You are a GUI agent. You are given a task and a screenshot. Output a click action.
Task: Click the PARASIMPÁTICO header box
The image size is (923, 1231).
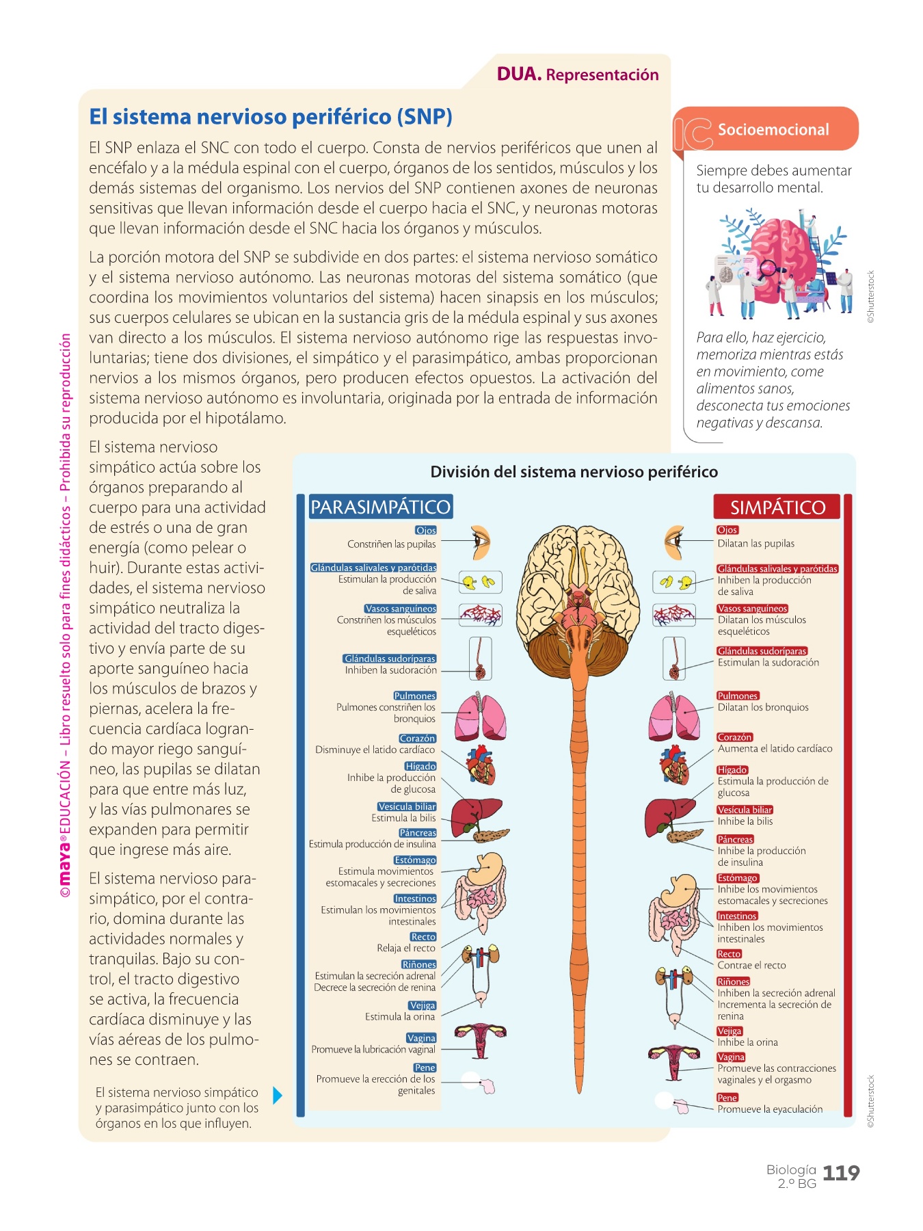coord(381,507)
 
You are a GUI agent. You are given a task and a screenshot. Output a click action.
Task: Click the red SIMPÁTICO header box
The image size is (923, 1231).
coord(777,507)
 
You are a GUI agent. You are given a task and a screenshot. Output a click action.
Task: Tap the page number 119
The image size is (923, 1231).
coord(840,1174)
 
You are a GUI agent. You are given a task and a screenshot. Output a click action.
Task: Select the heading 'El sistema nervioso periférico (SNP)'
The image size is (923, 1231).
coord(271,117)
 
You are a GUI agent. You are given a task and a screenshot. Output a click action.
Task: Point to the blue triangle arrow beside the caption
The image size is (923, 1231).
coord(277,1096)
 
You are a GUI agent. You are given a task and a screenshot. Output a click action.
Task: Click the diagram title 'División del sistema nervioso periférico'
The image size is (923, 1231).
coord(574,472)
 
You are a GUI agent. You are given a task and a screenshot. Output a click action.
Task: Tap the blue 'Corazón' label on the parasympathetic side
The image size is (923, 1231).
coord(417,739)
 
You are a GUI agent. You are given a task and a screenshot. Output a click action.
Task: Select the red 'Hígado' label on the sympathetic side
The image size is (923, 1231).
coord(732,770)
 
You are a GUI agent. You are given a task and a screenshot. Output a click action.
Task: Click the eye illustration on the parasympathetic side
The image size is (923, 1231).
coord(481,543)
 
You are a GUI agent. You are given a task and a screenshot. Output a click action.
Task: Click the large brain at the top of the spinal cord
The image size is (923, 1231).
coord(578,588)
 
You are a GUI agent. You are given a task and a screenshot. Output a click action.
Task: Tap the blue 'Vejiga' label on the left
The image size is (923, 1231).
coord(422,1005)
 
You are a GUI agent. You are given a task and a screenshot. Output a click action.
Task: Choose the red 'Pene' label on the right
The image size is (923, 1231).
coord(727,1098)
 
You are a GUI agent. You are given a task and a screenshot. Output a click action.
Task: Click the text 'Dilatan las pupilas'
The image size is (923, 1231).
coord(755,544)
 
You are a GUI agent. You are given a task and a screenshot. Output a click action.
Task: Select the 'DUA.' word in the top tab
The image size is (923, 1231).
coord(519,74)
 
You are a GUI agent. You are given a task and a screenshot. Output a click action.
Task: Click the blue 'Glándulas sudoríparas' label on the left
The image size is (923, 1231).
coord(390,659)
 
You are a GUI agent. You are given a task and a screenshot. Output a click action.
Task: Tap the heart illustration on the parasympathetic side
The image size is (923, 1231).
coord(481,765)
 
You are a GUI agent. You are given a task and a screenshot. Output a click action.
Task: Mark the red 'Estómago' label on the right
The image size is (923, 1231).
coord(738,878)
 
